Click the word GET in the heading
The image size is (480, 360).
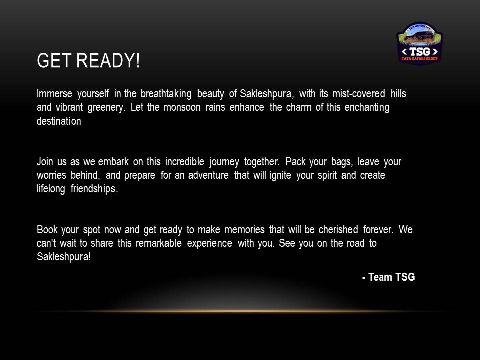54,60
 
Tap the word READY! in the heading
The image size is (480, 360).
108,60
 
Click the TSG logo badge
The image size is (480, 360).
420,43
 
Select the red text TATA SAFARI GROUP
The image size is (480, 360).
420,59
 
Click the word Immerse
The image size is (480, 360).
54,93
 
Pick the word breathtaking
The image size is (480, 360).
166,94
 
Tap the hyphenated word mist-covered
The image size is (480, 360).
359,93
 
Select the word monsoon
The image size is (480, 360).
182,107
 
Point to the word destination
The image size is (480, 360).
59,121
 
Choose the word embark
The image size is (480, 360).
113,161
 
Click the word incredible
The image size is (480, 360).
185,161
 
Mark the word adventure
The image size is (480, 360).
208,175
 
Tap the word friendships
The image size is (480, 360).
94,189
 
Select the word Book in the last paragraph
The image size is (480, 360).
47,229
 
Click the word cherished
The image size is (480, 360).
338,229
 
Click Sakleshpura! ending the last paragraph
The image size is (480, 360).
64,257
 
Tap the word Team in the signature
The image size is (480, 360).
380,277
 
